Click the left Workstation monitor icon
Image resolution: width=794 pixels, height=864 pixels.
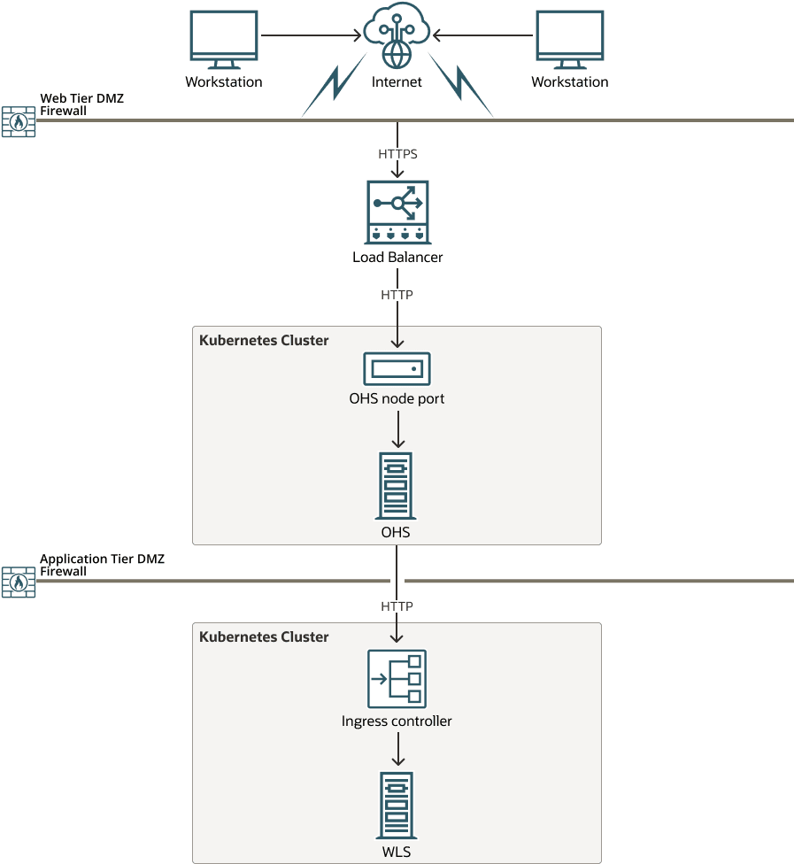(x=223, y=39)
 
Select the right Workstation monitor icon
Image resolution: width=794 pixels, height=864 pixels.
(x=570, y=39)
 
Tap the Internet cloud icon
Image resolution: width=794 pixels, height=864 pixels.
(x=397, y=35)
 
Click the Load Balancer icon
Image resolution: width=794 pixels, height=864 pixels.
(x=397, y=212)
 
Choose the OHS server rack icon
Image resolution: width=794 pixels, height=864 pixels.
(x=397, y=486)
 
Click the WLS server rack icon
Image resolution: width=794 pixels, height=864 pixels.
(x=397, y=805)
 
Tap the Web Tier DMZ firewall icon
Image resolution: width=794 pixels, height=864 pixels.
(x=18, y=121)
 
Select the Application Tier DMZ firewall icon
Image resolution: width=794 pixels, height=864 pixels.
(x=18, y=582)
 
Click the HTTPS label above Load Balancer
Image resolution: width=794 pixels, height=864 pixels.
(x=397, y=154)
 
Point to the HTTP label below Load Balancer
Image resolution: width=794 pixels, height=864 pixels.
(x=397, y=295)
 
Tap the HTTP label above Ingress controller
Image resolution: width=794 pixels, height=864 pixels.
(x=397, y=606)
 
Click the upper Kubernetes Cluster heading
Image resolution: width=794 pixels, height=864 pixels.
(x=264, y=341)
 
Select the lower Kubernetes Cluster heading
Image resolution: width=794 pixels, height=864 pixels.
(x=264, y=637)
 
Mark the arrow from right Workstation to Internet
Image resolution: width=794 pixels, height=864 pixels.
(x=483, y=36)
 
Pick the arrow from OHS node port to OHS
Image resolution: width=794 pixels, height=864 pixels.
(x=397, y=428)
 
